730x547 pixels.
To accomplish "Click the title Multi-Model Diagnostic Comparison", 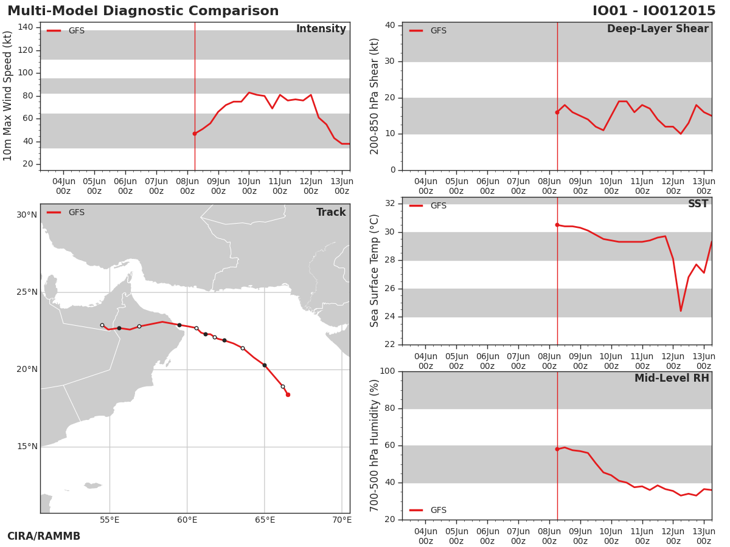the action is coord(143,11).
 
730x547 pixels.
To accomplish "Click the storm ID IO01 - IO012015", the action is coord(654,11).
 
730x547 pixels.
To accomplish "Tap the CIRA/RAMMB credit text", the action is coord(44,536).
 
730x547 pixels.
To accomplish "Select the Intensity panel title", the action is coord(321,29).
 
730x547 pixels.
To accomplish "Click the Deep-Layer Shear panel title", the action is coord(658,29).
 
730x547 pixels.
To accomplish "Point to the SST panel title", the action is coord(698,204).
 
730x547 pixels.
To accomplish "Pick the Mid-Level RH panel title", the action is coord(672,378).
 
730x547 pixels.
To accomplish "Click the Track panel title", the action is coord(331,212).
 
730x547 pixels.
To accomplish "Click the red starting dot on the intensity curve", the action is coord(195,134).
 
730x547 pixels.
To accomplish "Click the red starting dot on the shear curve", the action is coord(557,112).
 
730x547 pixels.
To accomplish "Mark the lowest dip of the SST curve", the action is coord(681,311).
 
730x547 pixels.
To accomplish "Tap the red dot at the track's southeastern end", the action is coord(288,394).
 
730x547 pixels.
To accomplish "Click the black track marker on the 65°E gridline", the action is coord(265,365).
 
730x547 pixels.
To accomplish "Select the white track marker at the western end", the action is coord(102,326).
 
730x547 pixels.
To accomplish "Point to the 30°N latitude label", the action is coord(27,215).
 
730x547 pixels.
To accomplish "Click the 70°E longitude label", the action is coord(342,520).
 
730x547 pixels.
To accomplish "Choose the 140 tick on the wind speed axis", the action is coord(26,27).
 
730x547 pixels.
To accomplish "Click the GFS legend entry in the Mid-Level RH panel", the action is coord(428,510).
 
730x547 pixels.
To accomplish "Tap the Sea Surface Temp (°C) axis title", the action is coord(374,270).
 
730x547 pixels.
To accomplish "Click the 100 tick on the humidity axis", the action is coord(387,371).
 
